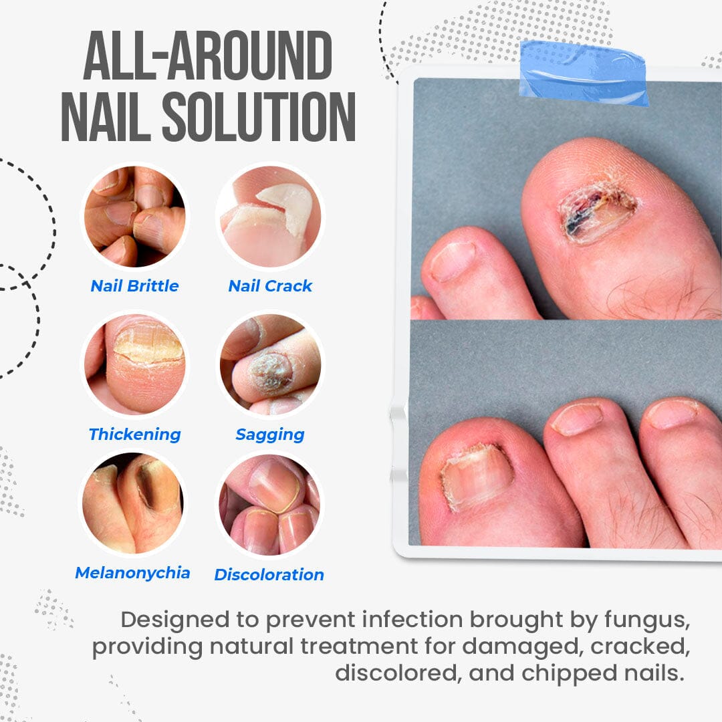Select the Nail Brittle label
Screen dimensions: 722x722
(134, 286)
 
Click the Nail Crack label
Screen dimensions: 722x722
(270, 286)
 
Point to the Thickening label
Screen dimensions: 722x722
(134, 435)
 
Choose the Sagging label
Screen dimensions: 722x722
(270, 435)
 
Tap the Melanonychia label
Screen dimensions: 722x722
(132, 573)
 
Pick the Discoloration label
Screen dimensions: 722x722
(269, 575)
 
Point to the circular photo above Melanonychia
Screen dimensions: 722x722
(134, 505)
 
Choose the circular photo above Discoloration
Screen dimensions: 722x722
(269, 505)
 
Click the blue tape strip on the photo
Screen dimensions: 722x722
(584, 72)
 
